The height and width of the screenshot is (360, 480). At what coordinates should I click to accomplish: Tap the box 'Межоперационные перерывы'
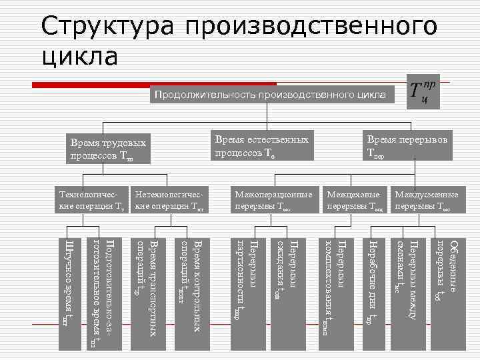[x=273, y=201]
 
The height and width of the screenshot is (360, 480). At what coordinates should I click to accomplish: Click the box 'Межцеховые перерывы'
[x=355, y=201]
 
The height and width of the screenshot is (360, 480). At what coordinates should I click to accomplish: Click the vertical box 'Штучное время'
[x=71, y=293]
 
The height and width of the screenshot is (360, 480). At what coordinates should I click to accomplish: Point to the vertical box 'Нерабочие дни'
[x=373, y=293]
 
